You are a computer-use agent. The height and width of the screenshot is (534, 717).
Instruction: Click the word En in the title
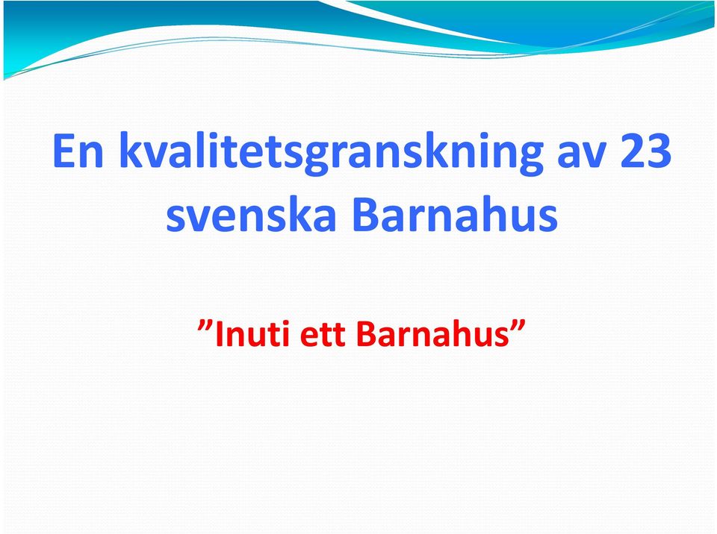pyautogui.click(x=78, y=151)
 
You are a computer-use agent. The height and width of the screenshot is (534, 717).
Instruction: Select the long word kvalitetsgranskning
pyautogui.click(x=331, y=153)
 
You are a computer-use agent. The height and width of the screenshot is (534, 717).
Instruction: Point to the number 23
pyautogui.click(x=645, y=151)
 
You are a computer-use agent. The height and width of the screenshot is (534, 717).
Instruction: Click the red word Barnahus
pyautogui.click(x=432, y=333)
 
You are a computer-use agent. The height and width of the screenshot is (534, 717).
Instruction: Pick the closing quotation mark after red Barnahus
pyautogui.click(x=517, y=326)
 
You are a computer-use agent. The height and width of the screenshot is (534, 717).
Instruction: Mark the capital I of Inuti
pyautogui.click(x=219, y=334)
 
